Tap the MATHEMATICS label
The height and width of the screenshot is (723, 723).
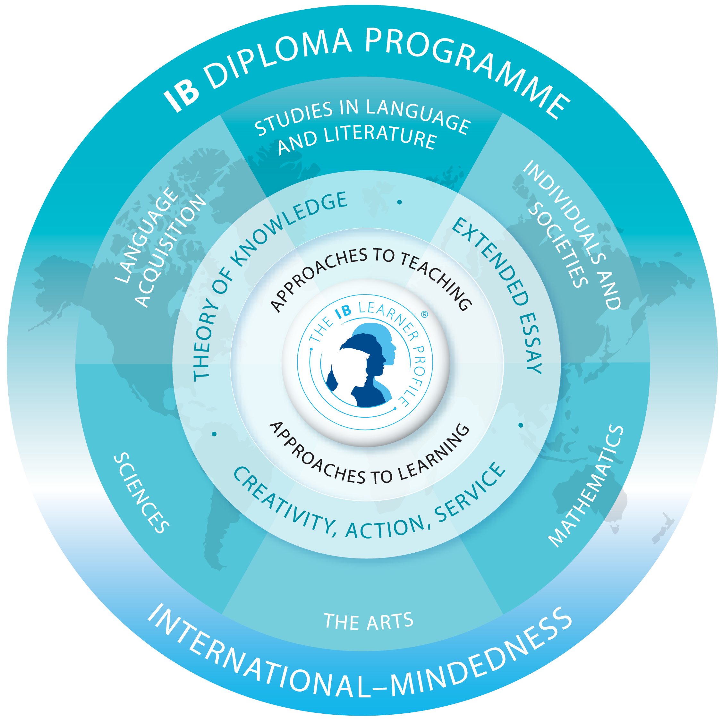pos(586,487)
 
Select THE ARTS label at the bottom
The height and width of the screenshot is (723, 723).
pos(369,621)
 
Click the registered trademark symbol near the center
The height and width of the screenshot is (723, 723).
pos(424,315)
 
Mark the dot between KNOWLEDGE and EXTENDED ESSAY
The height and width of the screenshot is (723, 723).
pos(399,202)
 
